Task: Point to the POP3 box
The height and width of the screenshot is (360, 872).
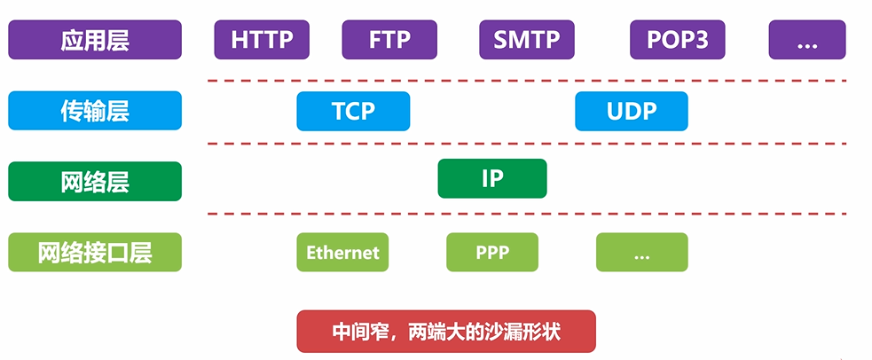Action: [x=678, y=40]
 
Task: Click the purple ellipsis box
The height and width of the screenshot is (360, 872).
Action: [x=806, y=40]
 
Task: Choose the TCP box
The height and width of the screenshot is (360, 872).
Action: [x=353, y=111]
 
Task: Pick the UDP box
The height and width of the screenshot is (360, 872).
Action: [x=632, y=111]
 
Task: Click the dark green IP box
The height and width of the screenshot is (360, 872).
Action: [x=492, y=178]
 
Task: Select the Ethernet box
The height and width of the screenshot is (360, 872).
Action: [x=342, y=252]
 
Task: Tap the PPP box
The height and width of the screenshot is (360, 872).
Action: [x=492, y=252]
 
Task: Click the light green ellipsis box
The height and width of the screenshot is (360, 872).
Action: [x=642, y=252]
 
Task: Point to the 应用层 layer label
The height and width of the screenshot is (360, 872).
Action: [x=95, y=40]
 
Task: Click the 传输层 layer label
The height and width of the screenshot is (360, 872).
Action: [x=95, y=111]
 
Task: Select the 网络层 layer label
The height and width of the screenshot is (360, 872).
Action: [x=95, y=181]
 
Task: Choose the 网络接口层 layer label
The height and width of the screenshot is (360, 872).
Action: [x=95, y=252]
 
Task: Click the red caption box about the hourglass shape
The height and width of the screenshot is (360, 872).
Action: [x=446, y=332]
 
